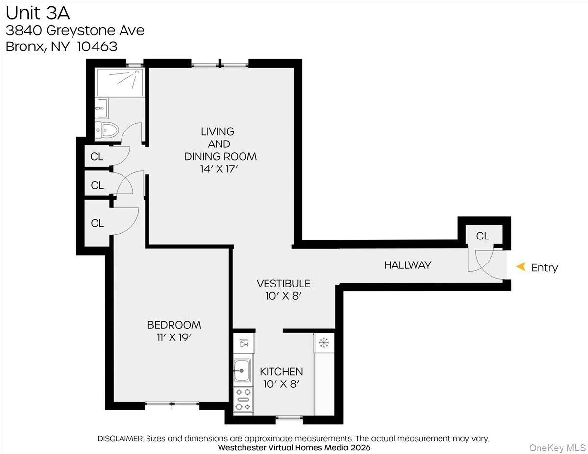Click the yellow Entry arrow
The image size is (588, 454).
click(521, 267)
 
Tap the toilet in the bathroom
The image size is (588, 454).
click(108, 130)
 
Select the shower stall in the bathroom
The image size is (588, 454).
click(120, 82)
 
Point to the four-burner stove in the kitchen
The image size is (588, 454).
click(243, 400)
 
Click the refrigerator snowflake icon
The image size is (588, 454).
click(323, 342)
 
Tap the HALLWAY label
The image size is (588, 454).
click(407, 265)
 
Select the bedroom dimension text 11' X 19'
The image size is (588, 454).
click(174, 337)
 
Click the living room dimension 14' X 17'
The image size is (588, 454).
click(219, 169)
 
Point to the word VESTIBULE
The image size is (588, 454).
click(283, 284)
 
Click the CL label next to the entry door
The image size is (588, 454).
click(482, 236)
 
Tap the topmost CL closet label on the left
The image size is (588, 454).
click(97, 157)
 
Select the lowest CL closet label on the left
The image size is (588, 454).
click(97, 223)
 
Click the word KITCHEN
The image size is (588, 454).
click(281, 372)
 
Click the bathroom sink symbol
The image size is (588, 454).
click(102, 107)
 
